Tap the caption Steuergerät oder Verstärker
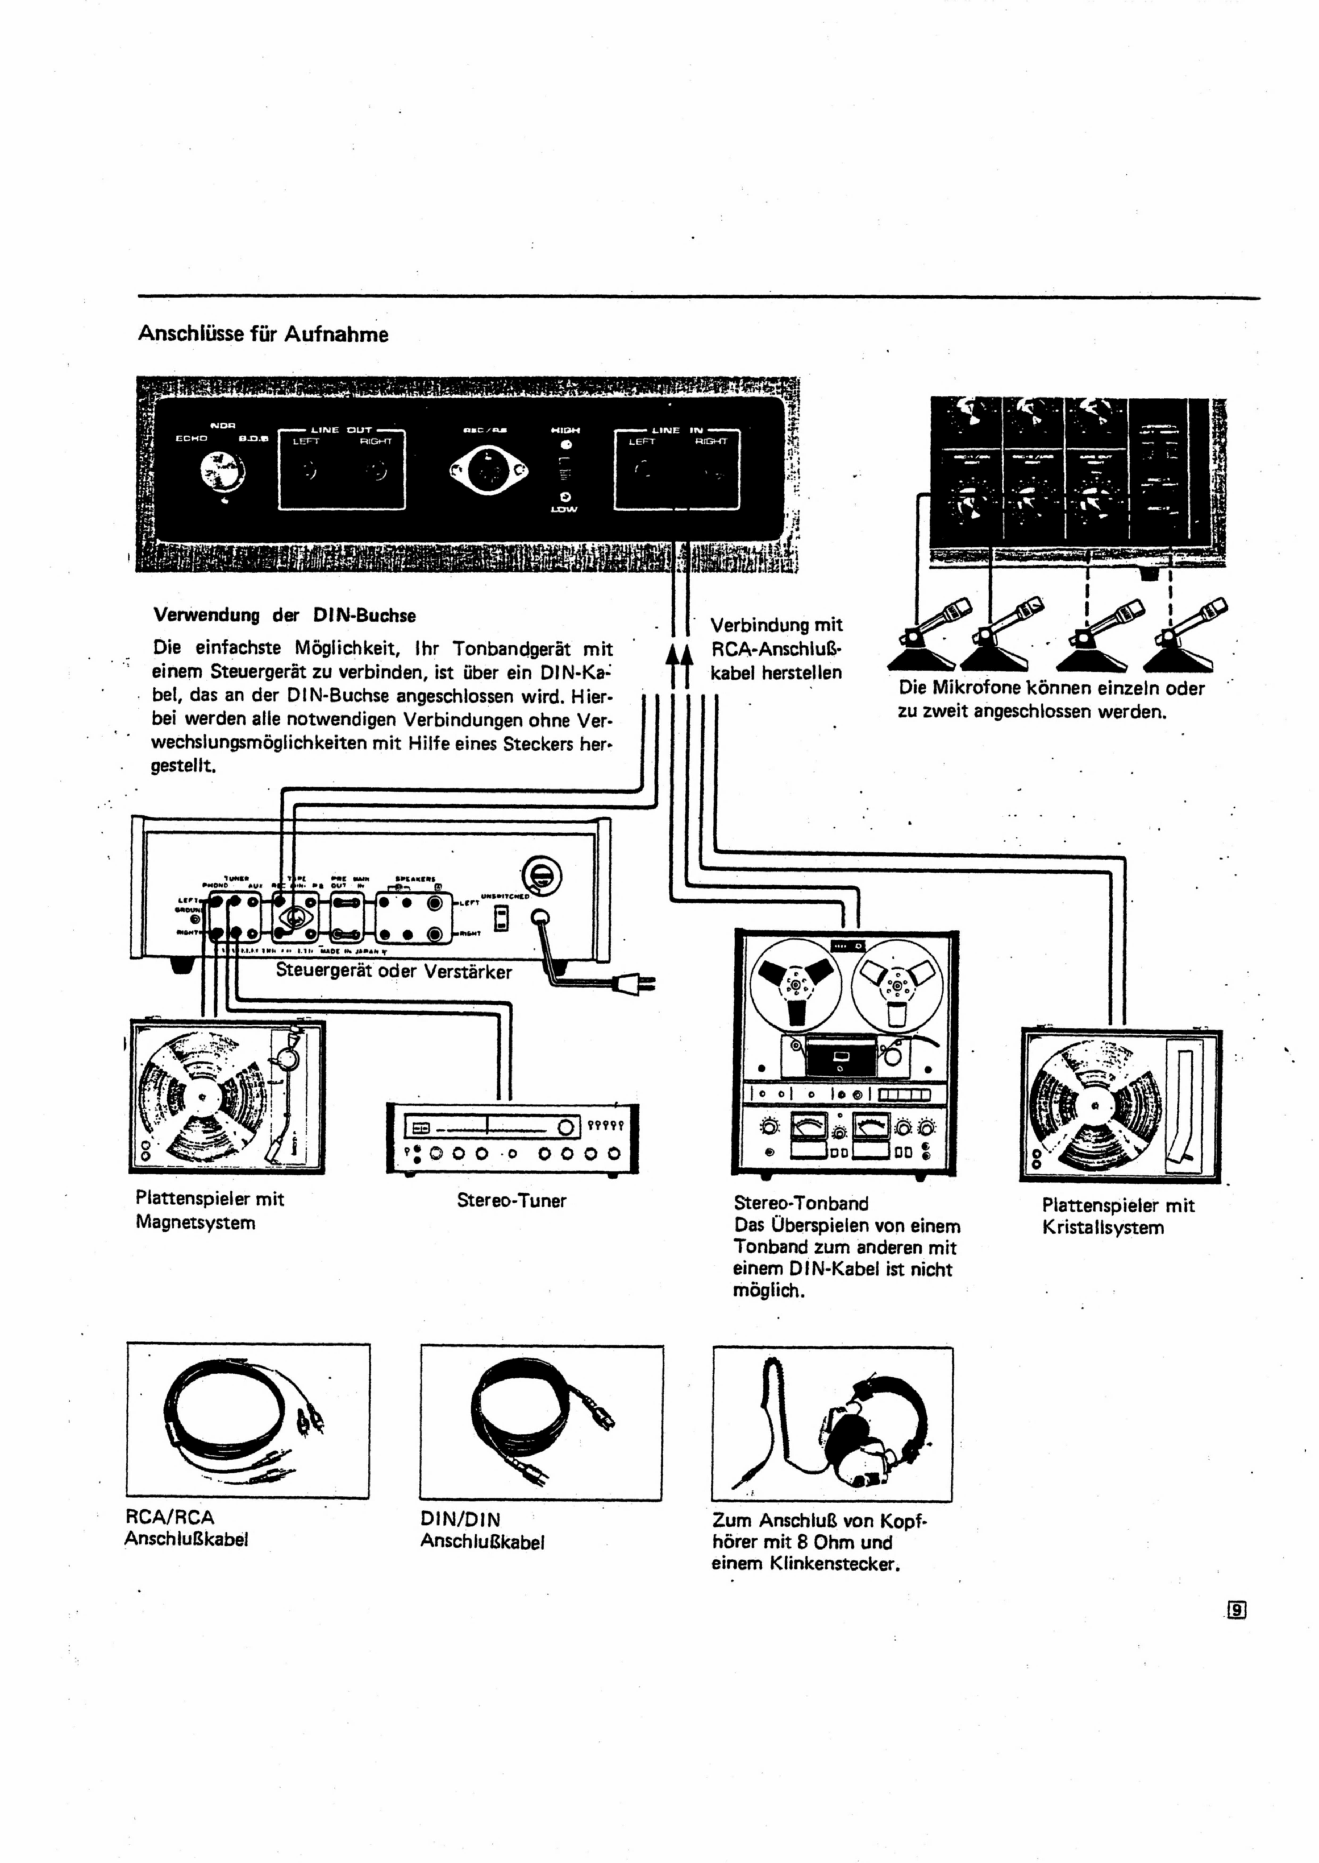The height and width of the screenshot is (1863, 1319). (394, 971)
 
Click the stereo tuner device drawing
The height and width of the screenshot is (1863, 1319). (512, 1137)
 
